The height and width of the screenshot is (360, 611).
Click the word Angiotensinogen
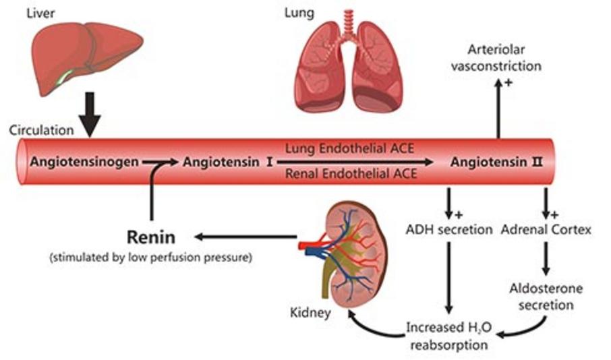coord(85,162)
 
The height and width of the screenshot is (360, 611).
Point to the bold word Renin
coord(152,237)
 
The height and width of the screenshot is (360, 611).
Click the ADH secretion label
coord(448,229)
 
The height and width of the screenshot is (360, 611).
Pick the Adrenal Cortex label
coord(546,229)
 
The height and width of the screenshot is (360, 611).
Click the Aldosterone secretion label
coord(546,296)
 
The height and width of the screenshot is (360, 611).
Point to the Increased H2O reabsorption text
coord(448,335)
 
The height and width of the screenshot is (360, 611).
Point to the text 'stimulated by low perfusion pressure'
coord(151,258)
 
